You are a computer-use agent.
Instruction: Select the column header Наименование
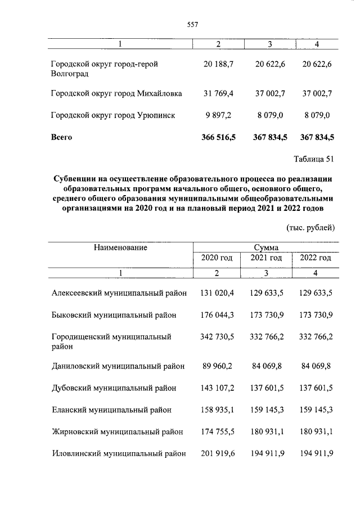pyautogui.click(x=120, y=247)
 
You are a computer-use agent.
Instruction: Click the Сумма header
pyautogui.click(x=265, y=247)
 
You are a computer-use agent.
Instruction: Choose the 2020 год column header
pyautogui.click(x=217, y=258)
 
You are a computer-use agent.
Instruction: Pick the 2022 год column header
pyautogui.click(x=316, y=258)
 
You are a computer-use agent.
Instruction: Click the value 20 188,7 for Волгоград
pyautogui.click(x=219, y=64)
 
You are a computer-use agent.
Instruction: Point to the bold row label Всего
pyautogui.click(x=61, y=137)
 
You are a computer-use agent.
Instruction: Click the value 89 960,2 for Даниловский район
pyautogui.click(x=219, y=366)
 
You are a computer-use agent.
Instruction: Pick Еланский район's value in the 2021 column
pyautogui.click(x=266, y=410)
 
